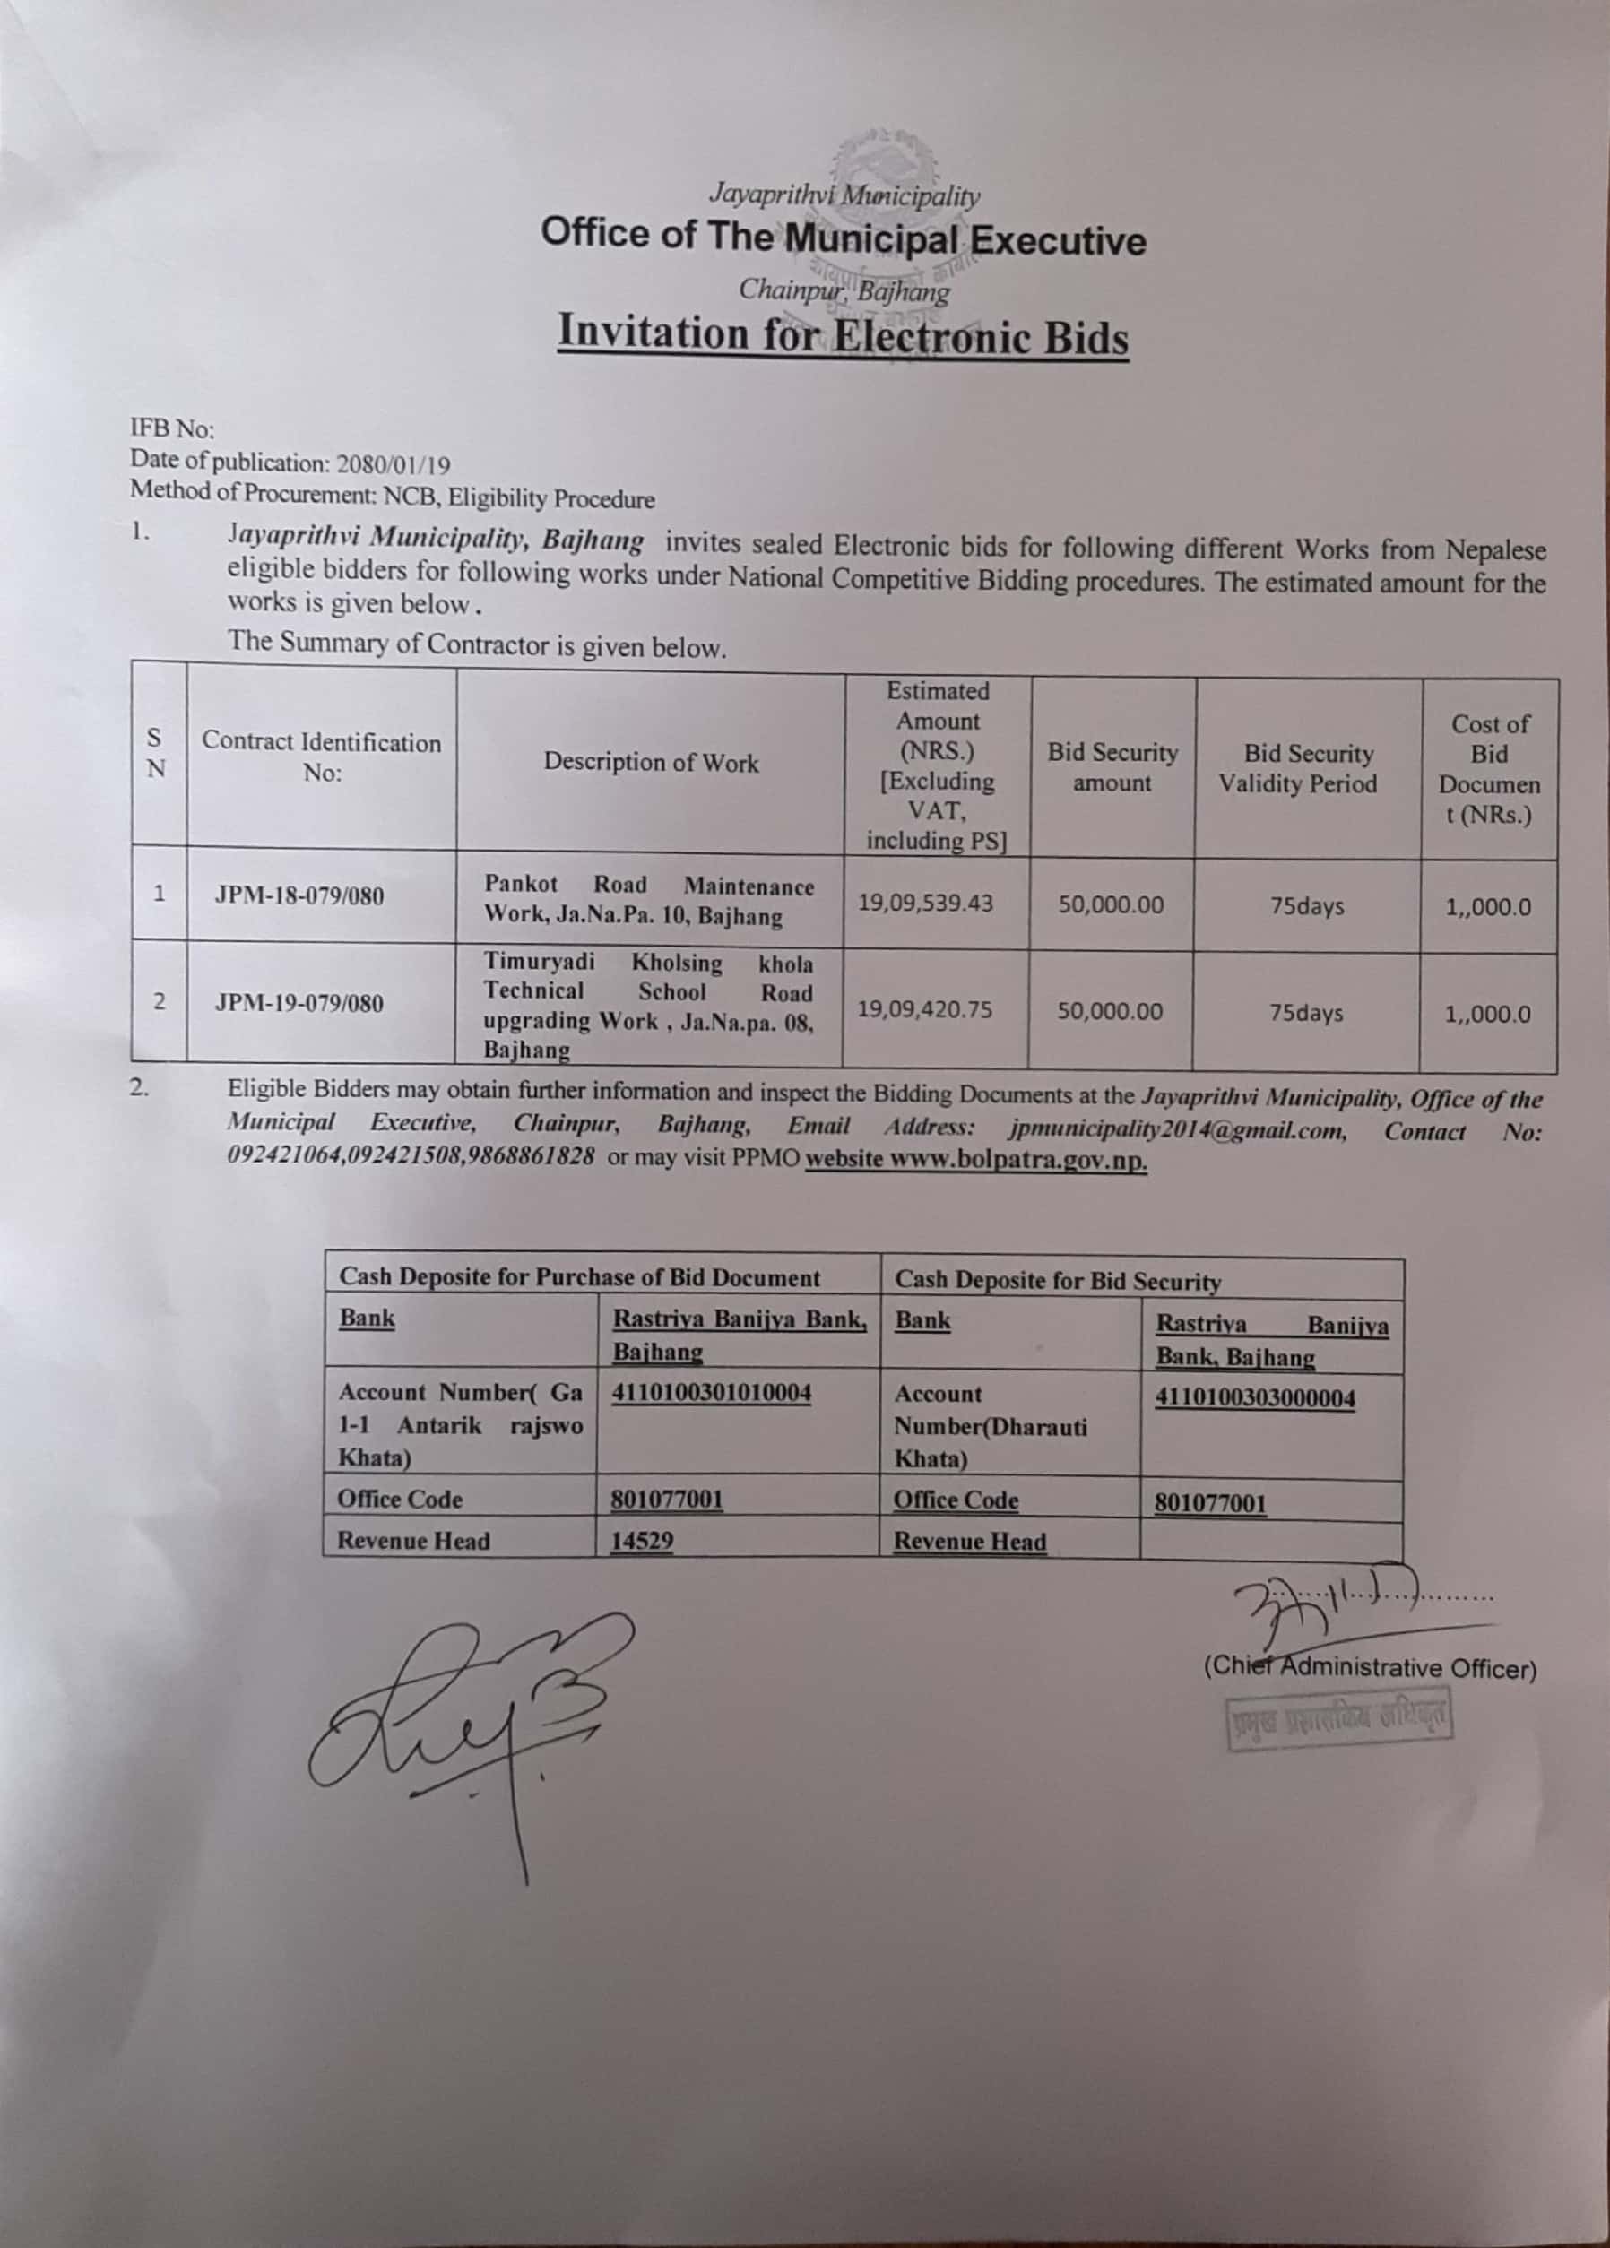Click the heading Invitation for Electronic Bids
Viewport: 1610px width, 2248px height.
click(843, 334)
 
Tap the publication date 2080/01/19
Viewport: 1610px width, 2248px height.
click(394, 463)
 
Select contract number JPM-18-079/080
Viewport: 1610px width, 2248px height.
click(299, 896)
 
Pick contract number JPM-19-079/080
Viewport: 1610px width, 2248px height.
click(299, 1003)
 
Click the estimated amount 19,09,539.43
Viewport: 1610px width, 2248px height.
click(925, 903)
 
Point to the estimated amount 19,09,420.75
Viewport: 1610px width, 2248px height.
click(925, 1010)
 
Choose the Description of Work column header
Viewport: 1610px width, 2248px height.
click(650, 762)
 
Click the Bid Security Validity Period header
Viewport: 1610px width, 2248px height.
click(1298, 768)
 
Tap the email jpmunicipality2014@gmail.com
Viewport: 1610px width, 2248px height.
click(1178, 1129)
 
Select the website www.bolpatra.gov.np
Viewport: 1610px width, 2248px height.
click(975, 1161)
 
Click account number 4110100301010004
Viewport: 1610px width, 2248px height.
click(712, 1393)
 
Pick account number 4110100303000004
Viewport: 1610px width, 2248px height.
click(1255, 1397)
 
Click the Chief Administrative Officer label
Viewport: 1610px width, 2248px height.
click(1370, 1668)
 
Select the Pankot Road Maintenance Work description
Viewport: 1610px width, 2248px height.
click(648, 900)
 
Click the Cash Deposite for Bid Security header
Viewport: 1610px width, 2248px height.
click(1058, 1281)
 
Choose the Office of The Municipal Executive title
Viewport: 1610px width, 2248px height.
click(843, 238)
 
